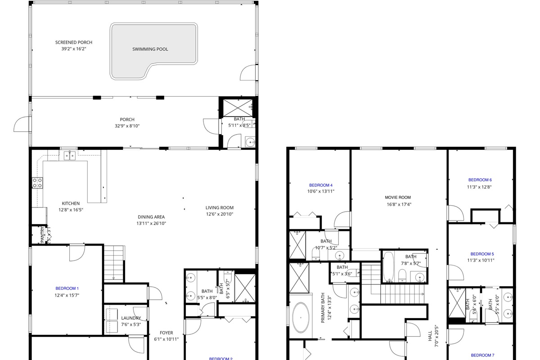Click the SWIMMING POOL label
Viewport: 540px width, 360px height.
pyautogui.click(x=150, y=49)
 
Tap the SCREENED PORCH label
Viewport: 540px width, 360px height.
pyautogui.click(x=74, y=42)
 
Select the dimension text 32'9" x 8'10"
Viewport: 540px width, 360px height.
pyautogui.click(x=127, y=126)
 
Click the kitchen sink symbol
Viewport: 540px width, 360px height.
pyautogui.click(x=69, y=156)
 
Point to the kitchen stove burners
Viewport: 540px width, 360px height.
pyautogui.click(x=38, y=183)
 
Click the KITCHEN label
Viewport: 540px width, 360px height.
pyautogui.click(x=71, y=203)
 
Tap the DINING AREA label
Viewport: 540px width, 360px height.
pyautogui.click(x=151, y=217)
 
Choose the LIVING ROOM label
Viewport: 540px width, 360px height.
pyautogui.click(x=220, y=208)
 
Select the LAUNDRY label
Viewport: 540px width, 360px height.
pyautogui.click(x=131, y=318)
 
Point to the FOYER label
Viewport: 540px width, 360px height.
pyautogui.click(x=166, y=333)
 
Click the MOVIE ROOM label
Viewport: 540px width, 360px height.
pyautogui.click(x=398, y=198)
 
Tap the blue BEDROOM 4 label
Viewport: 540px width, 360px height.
pyautogui.click(x=321, y=185)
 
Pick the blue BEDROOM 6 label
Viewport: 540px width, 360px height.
pyautogui.click(x=480, y=180)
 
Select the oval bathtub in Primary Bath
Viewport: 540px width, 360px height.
pyautogui.click(x=301, y=318)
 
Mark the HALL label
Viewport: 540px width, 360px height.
pyautogui.click(x=430, y=335)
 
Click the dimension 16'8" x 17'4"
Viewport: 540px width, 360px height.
pyautogui.click(x=399, y=204)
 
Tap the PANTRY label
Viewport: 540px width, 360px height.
pyautogui.click(x=43, y=235)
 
